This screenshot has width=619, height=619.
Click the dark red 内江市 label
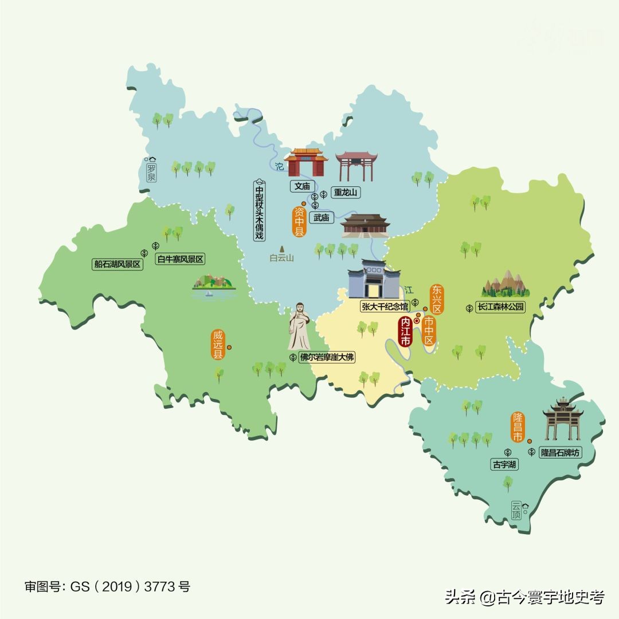(406, 331)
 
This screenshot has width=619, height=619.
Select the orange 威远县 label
(217, 344)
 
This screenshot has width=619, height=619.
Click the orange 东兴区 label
(437, 299)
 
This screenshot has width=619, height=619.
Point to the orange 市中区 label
(429, 331)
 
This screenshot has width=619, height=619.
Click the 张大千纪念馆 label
(385, 306)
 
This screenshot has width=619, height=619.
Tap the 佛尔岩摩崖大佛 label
(327, 357)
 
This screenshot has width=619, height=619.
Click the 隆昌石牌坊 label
(561, 452)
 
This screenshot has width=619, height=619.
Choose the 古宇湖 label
(504, 465)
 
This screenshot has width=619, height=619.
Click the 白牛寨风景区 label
(180, 259)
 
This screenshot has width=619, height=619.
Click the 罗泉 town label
(151, 172)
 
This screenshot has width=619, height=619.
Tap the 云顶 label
(517, 510)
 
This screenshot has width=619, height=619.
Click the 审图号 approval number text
(107, 586)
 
